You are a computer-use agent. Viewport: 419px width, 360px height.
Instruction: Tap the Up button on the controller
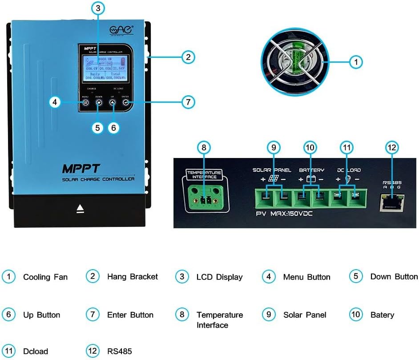(x=113, y=102)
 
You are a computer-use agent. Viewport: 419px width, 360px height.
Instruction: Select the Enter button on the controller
(x=126, y=102)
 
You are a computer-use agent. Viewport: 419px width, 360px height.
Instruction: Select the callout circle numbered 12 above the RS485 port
(x=392, y=147)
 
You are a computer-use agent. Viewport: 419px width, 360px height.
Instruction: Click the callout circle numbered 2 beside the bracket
(x=188, y=57)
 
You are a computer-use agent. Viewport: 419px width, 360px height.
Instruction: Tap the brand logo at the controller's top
(x=121, y=30)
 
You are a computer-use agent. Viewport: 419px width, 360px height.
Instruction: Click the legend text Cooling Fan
(x=45, y=277)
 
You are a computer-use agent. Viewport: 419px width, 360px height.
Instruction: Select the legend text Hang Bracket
(x=133, y=277)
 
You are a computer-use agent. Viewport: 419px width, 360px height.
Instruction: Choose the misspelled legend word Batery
(x=382, y=315)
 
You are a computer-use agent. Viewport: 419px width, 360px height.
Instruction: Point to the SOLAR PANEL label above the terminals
(x=272, y=170)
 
